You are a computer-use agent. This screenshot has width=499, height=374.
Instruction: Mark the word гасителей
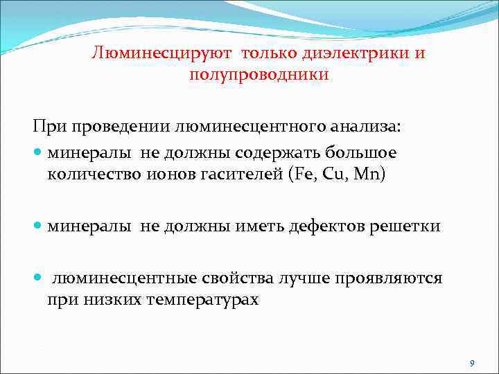coord(227,174)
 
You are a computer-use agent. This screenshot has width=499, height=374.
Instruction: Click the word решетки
coord(403,226)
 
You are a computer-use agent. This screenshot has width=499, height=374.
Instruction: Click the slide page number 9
coord(471,363)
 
